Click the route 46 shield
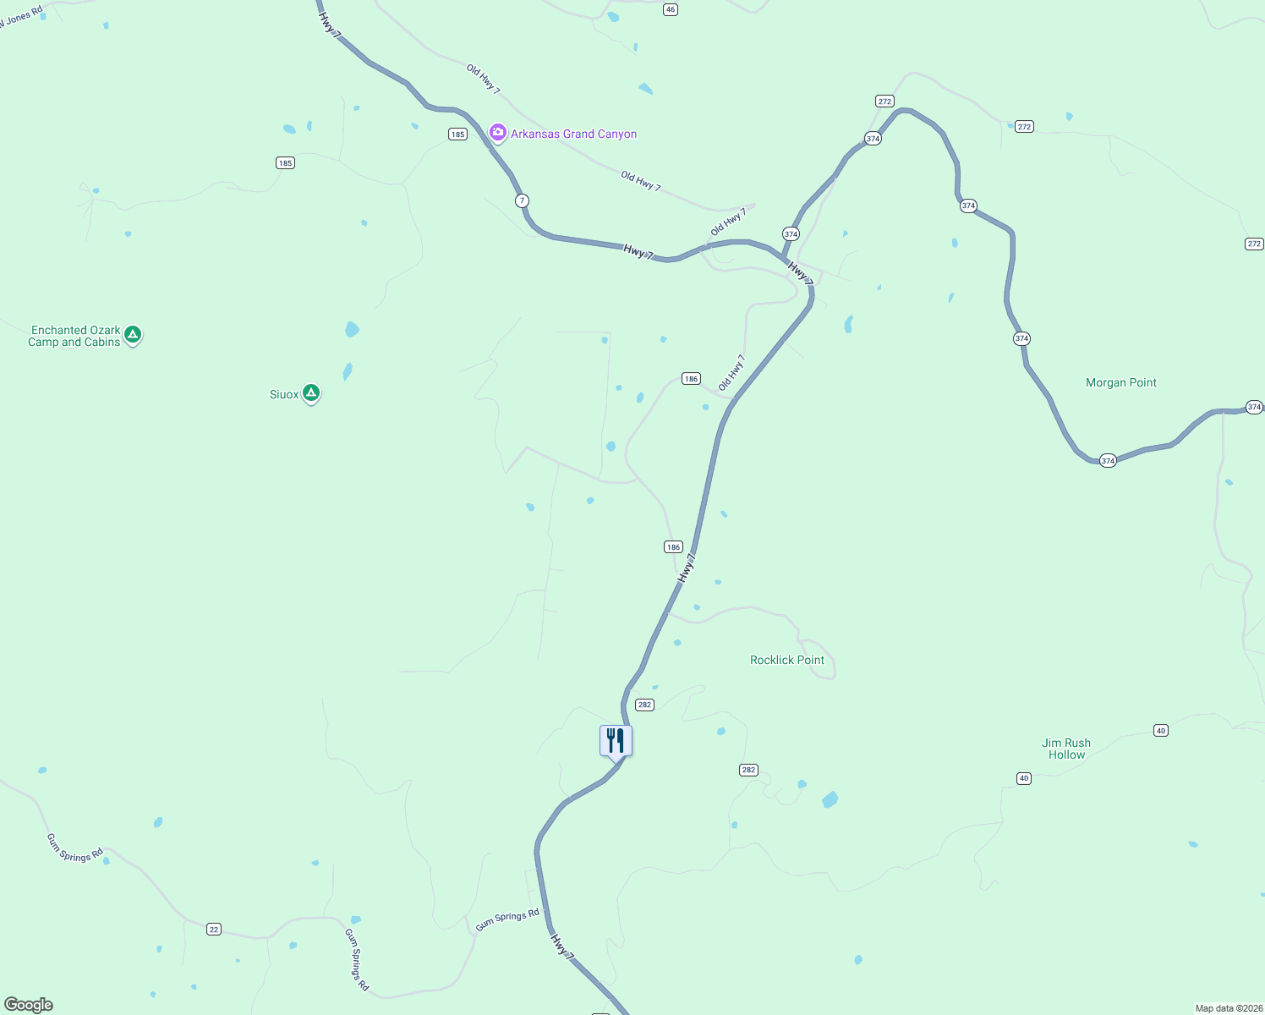(671, 9)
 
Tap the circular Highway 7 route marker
(523, 200)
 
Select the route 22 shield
(214, 929)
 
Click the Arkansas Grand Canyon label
(573, 134)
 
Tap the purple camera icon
(498, 133)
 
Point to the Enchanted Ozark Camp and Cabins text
(74, 336)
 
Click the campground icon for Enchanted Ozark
(133, 335)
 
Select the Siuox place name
(284, 394)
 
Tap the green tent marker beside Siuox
(311, 392)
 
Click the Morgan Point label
(1120, 382)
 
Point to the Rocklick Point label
(786, 660)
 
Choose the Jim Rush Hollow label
(1066, 749)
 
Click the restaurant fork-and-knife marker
(616, 740)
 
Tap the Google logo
(28, 1005)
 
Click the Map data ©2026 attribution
(1228, 1008)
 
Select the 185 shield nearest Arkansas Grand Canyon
(457, 134)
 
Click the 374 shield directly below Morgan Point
(1108, 461)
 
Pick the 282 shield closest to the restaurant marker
(645, 705)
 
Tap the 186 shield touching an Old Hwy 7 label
(692, 379)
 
